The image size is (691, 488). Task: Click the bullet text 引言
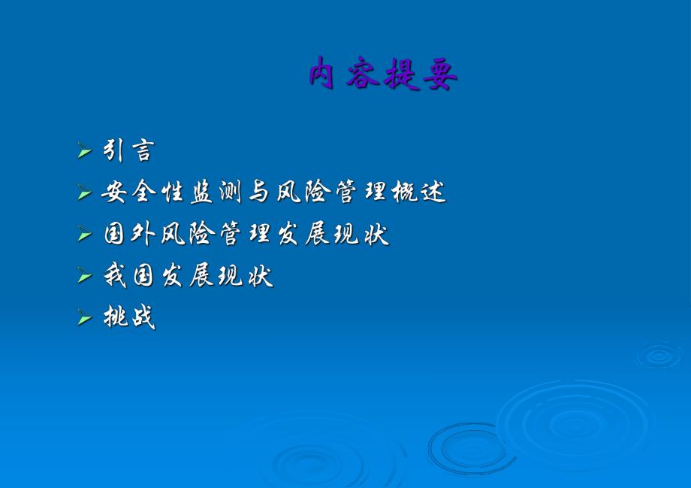click(128, 150)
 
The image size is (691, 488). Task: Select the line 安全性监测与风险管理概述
click(273, 192)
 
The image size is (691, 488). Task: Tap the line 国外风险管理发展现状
click(246, 235)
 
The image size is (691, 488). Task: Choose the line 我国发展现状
click(188, 277)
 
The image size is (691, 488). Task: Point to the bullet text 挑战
click(129, 318)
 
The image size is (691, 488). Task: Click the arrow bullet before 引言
click(84, 151)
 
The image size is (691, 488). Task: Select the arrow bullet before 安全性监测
click(84, 193)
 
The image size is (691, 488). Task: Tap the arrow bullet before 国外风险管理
click(84, 235)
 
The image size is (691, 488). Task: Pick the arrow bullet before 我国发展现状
click(84, 277)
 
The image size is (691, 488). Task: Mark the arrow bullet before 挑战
click(84, 319)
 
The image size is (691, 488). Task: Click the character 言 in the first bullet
click(140, 150)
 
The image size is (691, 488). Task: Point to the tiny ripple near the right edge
click(659, 354)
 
